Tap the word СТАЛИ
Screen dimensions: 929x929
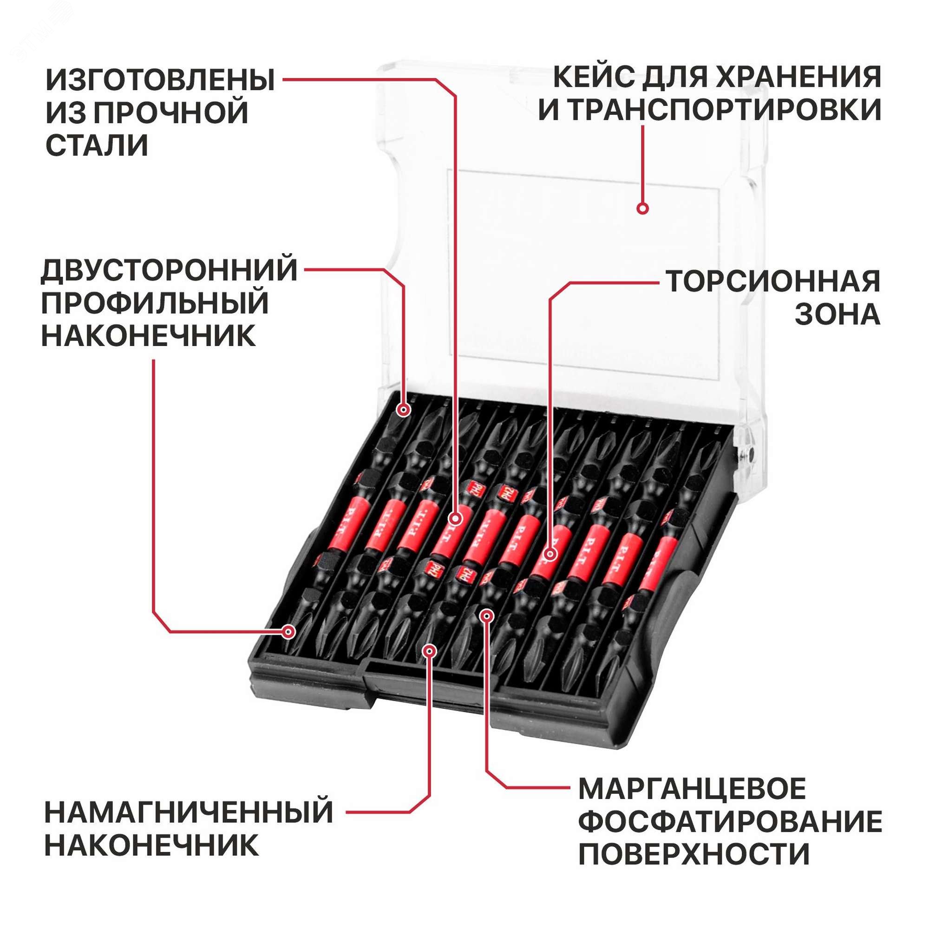tap(97, 145)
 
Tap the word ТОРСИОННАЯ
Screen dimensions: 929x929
tap(773, 282)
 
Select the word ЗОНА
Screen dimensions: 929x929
tap(837, 315)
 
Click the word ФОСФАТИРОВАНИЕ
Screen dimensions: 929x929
tap(729, 821)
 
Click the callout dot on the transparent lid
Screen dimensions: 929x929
tap(642, 209)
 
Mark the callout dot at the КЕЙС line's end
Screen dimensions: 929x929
tap(642, 209)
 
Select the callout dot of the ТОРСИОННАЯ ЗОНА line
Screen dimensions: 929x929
tap(550, 555)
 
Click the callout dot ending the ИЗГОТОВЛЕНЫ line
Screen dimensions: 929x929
tap(455, 519)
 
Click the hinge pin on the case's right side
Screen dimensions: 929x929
tap(749, 453)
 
